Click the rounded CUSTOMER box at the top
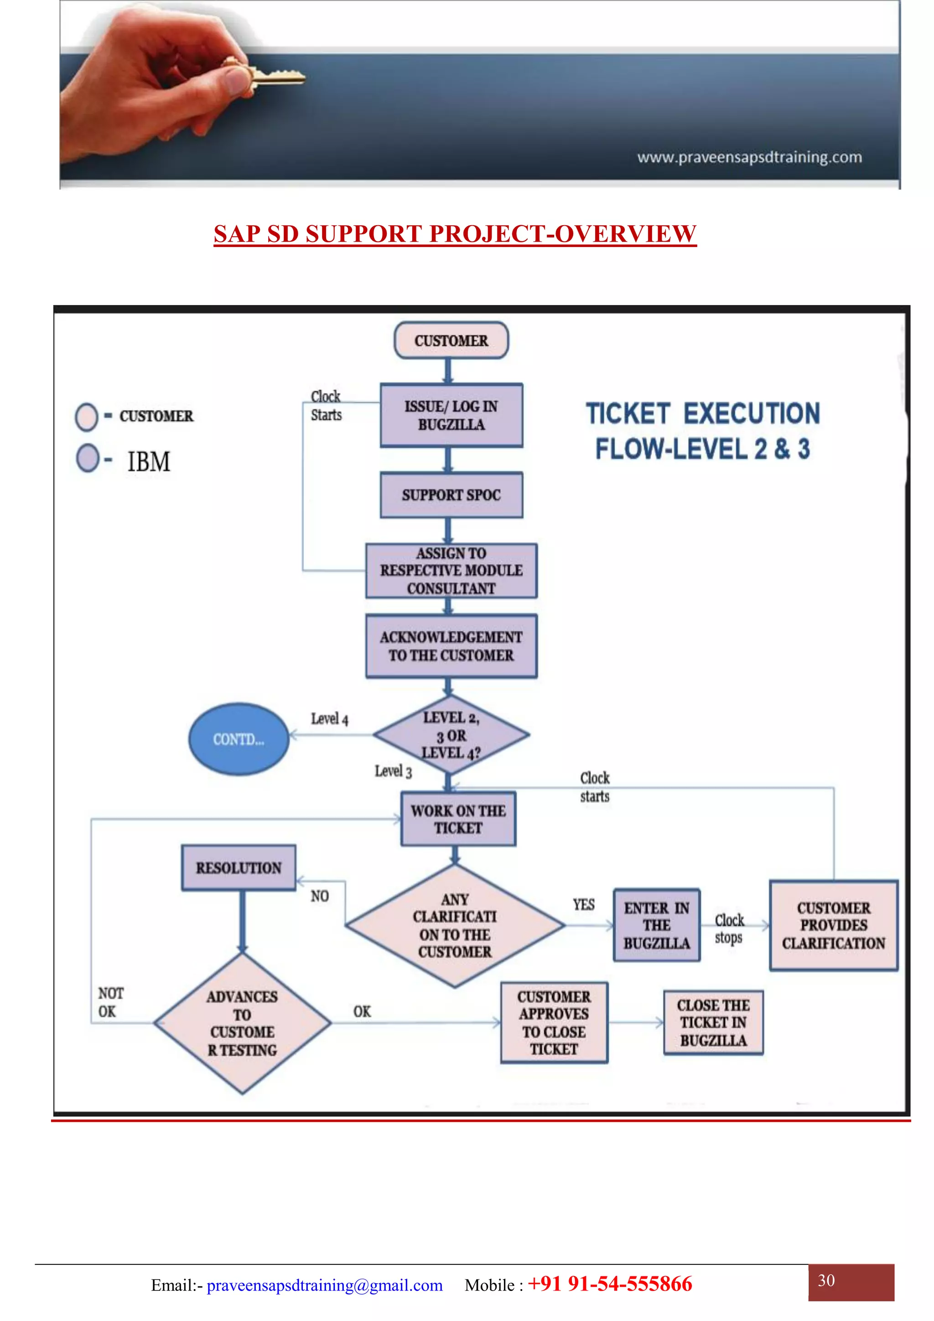point(451,340)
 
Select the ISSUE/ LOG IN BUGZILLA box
point(451,415)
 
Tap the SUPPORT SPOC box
point(451,495)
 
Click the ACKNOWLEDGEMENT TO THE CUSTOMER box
point(451,645)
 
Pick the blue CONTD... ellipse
point(239,739)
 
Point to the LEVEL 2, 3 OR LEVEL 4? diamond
point(451,735)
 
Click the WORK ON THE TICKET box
point(458,819)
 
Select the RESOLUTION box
point(239,867)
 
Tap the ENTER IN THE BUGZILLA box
point(657,925)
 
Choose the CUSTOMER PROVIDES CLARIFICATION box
point(833,925)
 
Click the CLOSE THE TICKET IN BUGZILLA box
point(713,1022)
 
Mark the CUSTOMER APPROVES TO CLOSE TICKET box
point(554,1022)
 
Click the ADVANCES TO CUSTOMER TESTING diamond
point(242,1023)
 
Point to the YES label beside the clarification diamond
point(584,904)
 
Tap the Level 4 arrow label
point(329,718)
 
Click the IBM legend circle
point(88,459)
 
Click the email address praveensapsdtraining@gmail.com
point(325,1285)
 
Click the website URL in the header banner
point(749,157)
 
